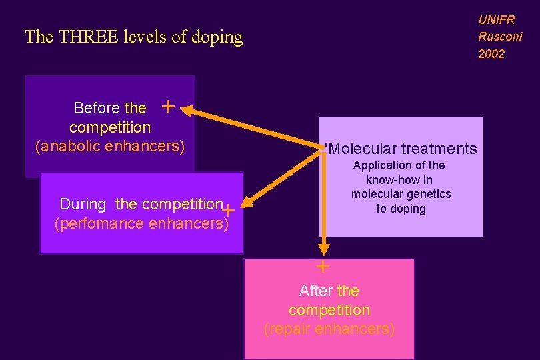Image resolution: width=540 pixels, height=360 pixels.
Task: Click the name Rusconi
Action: (x=500, y=37)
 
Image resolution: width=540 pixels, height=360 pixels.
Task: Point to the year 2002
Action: (x=491, y=54)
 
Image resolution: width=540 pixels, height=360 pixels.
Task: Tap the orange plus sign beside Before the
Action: (x=169, y=106)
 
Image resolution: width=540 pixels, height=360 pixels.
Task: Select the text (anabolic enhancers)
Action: (x=109, y=145)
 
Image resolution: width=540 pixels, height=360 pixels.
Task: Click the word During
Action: (x=83, y=204)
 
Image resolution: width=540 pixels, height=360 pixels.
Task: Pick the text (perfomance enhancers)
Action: (x=141, y=223)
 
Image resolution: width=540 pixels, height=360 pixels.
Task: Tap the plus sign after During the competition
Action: (x=228, y=210)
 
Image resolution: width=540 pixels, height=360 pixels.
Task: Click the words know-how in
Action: (x=399, y=180)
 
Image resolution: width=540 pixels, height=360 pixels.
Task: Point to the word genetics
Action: (x=429, y=194)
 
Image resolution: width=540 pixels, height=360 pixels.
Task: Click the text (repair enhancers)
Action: (x=329, y=329)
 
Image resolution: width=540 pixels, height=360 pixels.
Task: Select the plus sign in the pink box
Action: (x=323, y=267)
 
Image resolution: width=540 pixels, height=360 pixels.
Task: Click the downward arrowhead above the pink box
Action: (x=324, y=249)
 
